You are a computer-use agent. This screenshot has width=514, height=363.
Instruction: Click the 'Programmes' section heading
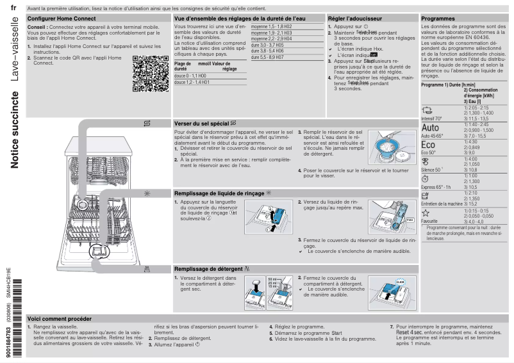(438, 20)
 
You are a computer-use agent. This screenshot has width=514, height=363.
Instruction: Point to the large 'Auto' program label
(433, 127)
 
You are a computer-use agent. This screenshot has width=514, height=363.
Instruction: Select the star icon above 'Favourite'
(426, 213)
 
